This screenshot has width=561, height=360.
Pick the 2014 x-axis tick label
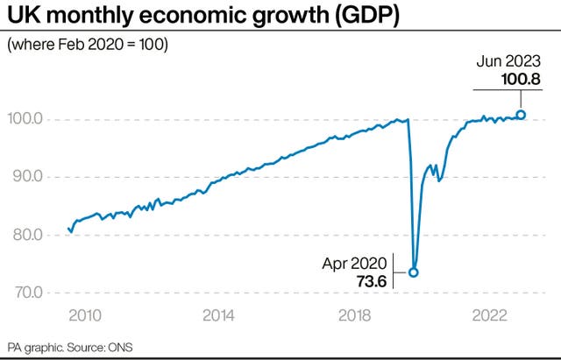219,316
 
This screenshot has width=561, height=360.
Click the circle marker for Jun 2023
522,114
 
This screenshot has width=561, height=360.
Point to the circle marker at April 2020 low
413,272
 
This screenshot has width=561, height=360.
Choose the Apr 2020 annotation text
356,262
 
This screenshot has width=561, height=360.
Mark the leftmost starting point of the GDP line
68,228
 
